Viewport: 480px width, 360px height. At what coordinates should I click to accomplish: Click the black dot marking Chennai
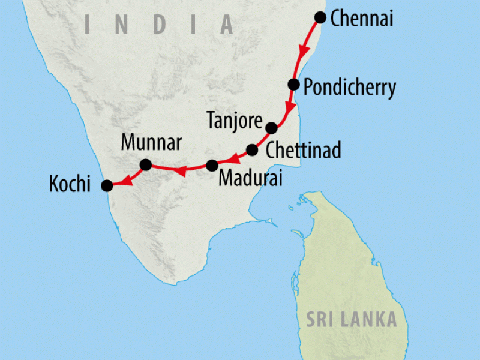(x=320, y=17)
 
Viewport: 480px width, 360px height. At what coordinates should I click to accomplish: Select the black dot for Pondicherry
(x=293, y=84)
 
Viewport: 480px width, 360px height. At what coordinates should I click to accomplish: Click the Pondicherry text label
(x=349, y=88)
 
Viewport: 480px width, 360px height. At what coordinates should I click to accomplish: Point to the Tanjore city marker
(x=271, y=128)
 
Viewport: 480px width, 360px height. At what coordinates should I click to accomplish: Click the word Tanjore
(x=234, y=120)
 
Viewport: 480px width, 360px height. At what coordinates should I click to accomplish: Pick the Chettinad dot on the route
(x=253, y=150)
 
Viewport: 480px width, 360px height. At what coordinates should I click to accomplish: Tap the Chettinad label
(x=303, y=150)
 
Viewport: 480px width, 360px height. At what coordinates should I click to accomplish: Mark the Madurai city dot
(x=212, y=165)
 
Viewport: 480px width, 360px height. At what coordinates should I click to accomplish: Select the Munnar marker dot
(x=145, y=164)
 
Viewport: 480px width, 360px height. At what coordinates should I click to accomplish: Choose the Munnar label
(x=151, y=143)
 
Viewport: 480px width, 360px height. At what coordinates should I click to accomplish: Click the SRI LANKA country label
(x=352, y=319)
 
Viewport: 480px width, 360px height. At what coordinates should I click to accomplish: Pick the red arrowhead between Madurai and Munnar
(x=179, y=173)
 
